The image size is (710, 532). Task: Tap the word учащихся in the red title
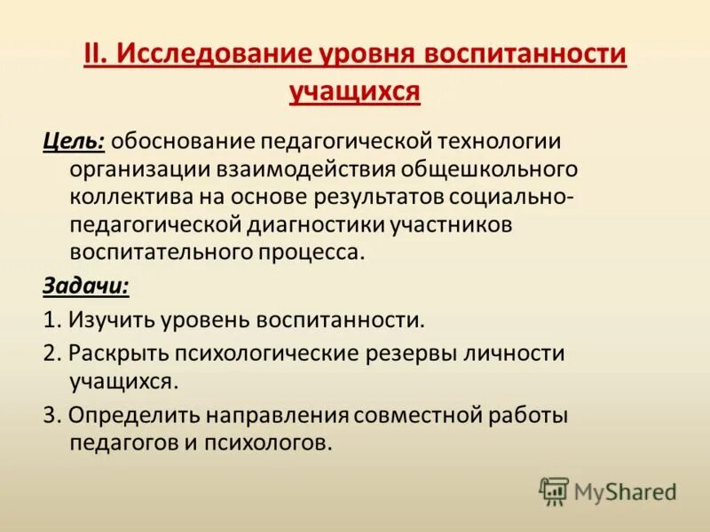pyautogui.click(x=355, y=90)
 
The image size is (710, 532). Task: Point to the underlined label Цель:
pyautogui.click(x=75, y=140)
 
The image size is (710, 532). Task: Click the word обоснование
pyautogui.click(x=182, y=140)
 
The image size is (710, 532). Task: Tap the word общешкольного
pyautogui.click(x=478, y=168)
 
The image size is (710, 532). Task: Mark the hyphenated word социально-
pyautogui.click(x=510, y=196)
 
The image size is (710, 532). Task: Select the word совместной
pyautogui.click(x=412, y=414)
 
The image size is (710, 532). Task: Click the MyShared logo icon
pyautogui.click(x=554, y=489)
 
